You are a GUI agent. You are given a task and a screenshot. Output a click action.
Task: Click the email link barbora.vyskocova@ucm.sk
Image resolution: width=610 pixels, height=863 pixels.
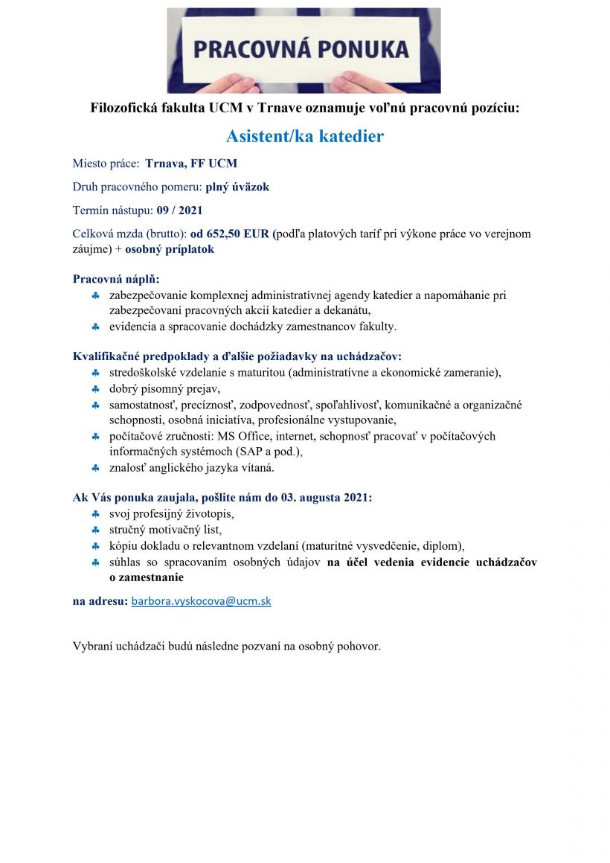pyautogui.click(x=201, y=602)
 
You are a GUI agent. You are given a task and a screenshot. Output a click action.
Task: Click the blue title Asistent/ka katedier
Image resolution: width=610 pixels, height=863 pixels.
pyautogui.click(x=305, y=136)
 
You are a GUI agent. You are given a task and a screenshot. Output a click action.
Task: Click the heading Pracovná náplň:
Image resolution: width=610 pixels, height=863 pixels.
pyautogui.click(x=116, y=280)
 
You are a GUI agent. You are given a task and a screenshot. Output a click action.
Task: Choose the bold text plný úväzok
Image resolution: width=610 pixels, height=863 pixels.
pyautogui.click(x=237, y=187)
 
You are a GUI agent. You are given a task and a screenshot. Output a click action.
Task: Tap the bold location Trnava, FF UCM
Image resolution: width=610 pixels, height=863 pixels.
pyautogui.click(x=191, y=163)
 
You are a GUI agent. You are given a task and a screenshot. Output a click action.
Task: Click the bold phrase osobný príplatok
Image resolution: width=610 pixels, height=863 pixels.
pyautogui.click(x=170, y=249)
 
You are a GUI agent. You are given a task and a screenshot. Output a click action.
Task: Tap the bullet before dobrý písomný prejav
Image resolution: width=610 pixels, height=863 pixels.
pyautogui.click(x=96, y=389)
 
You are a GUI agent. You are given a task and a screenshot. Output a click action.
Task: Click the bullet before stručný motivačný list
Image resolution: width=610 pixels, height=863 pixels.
pyautogui.click(x=96, y=530)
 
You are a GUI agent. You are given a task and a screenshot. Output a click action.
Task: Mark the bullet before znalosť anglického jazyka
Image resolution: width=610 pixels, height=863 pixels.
pyautogui.click(x=96, y=468)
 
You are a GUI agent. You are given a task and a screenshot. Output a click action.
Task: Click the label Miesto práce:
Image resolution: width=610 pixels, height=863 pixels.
pyautogui.click(x=106, y=163)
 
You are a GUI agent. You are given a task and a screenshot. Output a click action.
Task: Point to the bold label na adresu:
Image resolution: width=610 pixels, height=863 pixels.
pyautogui.click(x=100, y=601)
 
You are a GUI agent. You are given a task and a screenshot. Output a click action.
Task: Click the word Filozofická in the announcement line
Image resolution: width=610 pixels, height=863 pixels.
pyautogui.click(x=125, y=108)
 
